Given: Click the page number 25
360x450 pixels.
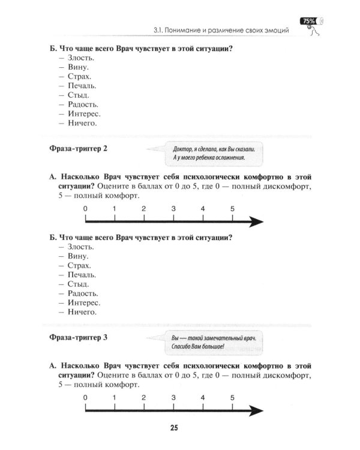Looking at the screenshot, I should (x=173, y=428).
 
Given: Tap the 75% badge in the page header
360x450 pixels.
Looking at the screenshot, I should (x=310, y=21).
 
